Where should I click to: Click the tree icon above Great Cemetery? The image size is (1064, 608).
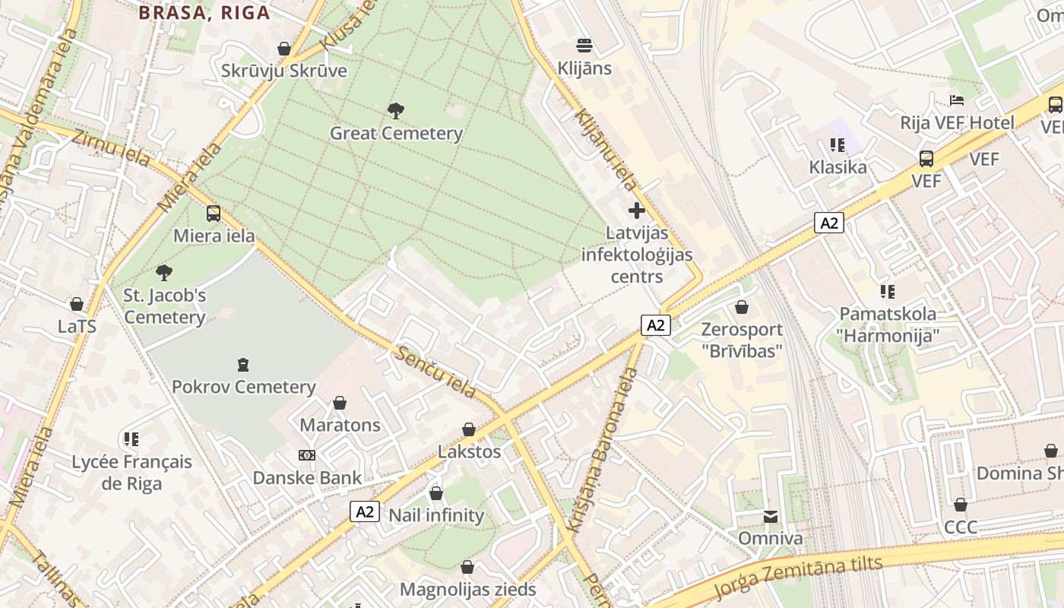395,111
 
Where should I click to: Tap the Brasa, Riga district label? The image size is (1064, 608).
204,12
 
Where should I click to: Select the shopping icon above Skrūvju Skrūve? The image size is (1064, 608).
284,49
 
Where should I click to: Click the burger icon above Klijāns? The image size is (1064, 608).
584,46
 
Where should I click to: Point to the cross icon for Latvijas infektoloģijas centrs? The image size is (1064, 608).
637,210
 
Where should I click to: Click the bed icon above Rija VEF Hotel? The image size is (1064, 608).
957,100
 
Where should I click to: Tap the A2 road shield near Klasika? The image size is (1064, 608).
829,223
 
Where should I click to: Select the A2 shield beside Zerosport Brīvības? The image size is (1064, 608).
657,325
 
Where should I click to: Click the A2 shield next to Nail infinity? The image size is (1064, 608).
365,511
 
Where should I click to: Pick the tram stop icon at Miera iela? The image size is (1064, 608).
214,214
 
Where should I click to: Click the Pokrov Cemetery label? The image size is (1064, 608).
243,387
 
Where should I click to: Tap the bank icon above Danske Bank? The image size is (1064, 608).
307,455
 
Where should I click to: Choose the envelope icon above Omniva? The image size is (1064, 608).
771,517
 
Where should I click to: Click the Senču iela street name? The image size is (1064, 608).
435,372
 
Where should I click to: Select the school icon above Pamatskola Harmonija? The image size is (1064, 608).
887,291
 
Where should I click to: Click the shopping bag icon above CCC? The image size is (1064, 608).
961,505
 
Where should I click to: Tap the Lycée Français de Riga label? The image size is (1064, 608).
131,473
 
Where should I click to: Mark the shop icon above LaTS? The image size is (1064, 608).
77,304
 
